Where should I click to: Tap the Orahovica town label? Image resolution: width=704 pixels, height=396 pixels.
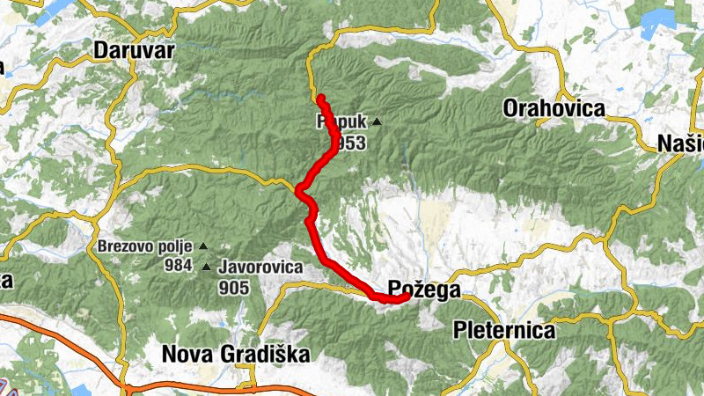pyautogui.click(x=554, y=108)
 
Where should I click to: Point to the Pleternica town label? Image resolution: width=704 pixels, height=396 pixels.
pyautogui.click(x=504, y=331)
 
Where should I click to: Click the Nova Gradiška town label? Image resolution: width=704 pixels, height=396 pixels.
pyautogui.click(x=237, y=355)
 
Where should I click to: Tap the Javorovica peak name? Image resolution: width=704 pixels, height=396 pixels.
pyautogui.click(x=263, y=267)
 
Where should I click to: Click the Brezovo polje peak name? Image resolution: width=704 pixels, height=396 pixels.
pyautogui.click(x=146, y=246)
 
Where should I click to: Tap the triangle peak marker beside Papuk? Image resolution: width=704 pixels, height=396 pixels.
pyautogui.click(x=377, y=122)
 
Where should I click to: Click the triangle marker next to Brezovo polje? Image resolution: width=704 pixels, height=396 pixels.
pyautogui.click(x=203, y=246)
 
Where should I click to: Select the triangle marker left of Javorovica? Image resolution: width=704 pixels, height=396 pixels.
pyautogui.click(x=207, y=267)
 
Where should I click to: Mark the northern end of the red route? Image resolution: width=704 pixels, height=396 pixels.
pyautogui.click(x=321, y=97)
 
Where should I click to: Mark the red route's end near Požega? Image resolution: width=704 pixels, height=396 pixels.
pyautogui.click(x=407, y=297)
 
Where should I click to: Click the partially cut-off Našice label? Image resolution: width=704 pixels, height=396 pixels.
pyautogui.click(x=682, y=143)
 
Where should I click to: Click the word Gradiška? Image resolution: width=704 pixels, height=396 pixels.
pyautogui.click(x=268, y=355)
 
